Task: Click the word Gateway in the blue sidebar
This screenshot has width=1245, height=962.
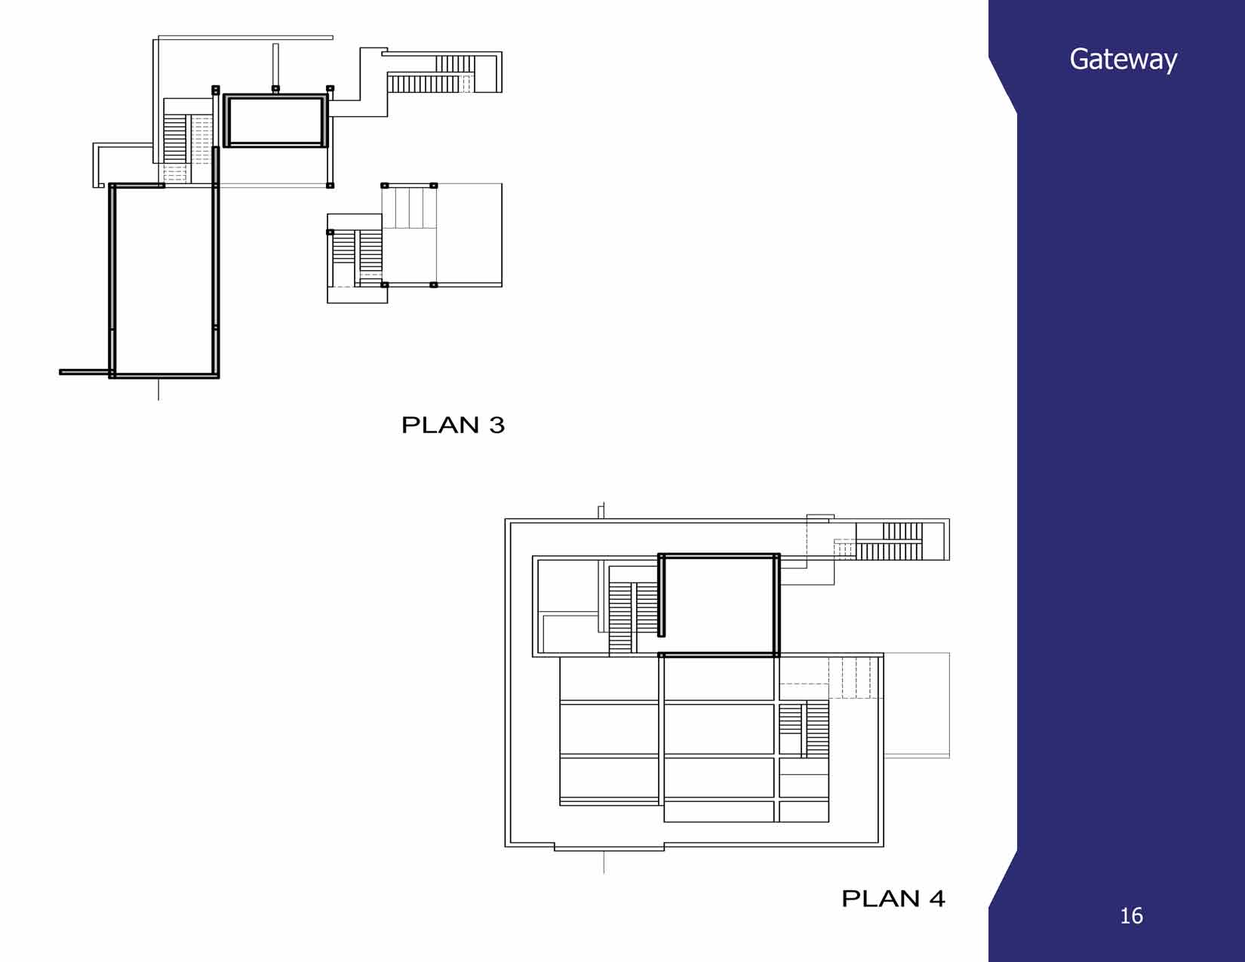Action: click(x=1123, y=60)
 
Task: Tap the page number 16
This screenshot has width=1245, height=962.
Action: click(x=1131, y=915)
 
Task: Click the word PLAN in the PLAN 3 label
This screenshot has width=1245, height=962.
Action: click(x=440, y=425)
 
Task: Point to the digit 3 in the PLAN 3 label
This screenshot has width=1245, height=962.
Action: click(x=496, y=425)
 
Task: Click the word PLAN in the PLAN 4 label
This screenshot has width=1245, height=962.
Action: click(x=880, y=899)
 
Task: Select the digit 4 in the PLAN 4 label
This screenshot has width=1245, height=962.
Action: click(x=936, y=899)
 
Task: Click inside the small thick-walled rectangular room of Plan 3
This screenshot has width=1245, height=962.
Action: click(x=275, y=121)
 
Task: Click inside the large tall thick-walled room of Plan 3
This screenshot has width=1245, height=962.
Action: click(x=164, y=281)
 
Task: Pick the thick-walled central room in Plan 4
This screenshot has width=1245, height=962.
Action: click(x=718, y=605)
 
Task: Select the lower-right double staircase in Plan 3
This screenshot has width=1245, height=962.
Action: click(x=358, y=256)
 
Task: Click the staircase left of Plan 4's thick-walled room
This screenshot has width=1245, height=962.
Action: click(x=633, y=618)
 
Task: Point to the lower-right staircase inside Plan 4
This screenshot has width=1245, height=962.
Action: click(x=804, y=730)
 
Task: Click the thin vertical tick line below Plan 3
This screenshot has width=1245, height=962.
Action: click(x=158, y=389)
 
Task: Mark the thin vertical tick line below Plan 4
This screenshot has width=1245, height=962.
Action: click(x=604, y=862)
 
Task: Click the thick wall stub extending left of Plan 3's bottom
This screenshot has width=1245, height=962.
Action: click(x=85, y=373)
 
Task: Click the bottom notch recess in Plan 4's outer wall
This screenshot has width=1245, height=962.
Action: click(x=609, y=847)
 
